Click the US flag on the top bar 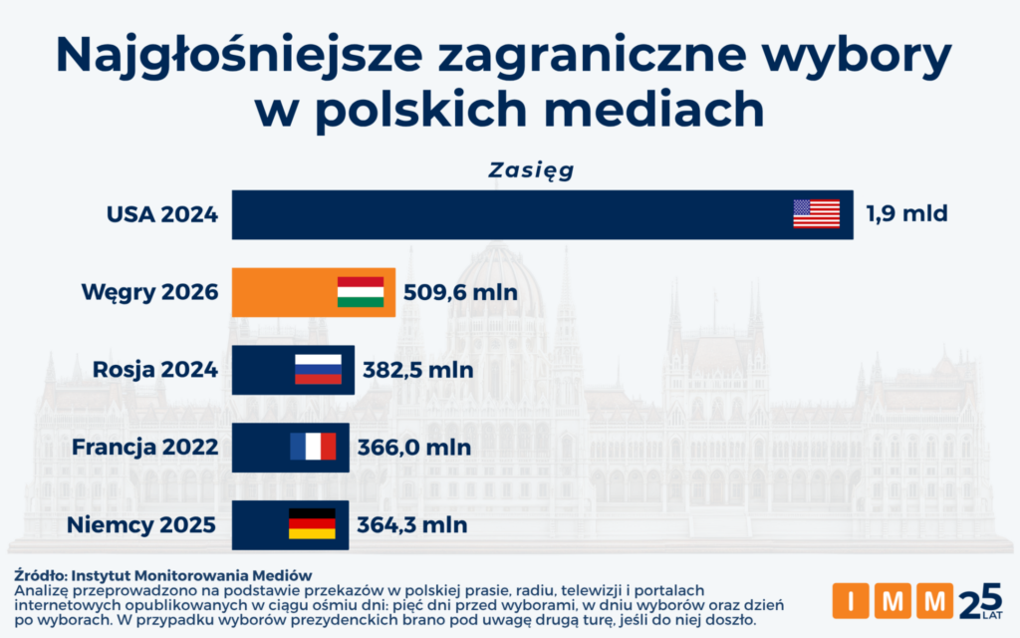click(x=816, y=214)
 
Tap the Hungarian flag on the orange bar click(x=361, y=292)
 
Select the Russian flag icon click(x=318, y=369)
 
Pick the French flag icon click(x=313, y=446)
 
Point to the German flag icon click(x=312, y=523)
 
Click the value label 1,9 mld click(x=905, y=213)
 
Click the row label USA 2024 click(x=162, y=213)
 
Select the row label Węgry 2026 click(x=149, y=293)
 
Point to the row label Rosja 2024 click(x=155, y=370)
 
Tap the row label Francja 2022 click(x=144, y=447)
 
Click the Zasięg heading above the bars click(x=531, y=169)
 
